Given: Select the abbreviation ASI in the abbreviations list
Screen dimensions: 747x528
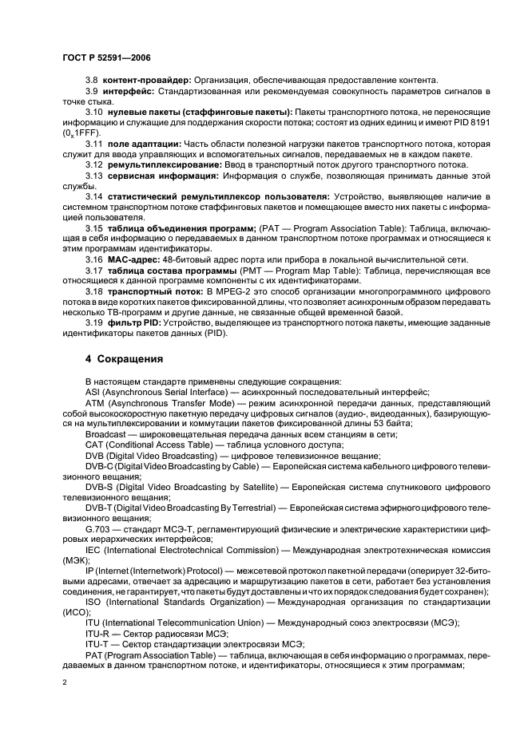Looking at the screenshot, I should click(x=93, y=392).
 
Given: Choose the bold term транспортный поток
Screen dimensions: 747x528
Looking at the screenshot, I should click(x=153, y=291).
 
